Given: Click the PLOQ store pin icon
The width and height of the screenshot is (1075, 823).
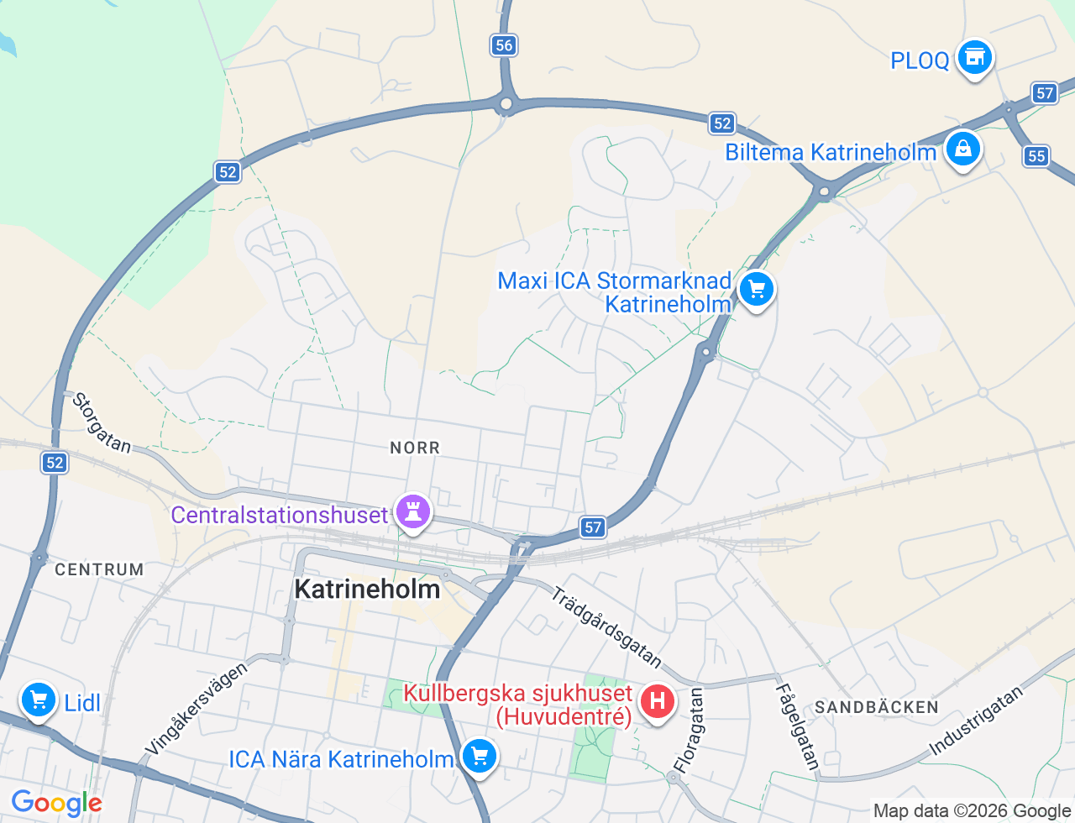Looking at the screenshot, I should pos(974,58).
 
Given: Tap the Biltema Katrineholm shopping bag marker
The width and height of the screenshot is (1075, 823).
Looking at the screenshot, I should pos(962,149).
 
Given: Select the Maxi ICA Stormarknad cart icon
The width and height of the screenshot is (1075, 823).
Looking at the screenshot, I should pos(756,290).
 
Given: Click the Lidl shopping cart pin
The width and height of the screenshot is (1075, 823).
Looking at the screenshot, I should pos(38,700).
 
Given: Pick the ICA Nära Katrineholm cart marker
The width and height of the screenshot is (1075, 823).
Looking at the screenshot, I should pos(479,757).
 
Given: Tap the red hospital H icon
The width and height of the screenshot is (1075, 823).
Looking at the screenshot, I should pos(657,701).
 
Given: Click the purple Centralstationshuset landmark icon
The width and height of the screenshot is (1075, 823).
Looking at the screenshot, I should pos(412,511).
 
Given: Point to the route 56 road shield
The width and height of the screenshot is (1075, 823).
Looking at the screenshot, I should pos(504,45).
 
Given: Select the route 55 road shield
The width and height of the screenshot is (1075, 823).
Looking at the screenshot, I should pos(1036,155).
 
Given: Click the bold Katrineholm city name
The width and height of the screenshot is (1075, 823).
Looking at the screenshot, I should pos(367,589).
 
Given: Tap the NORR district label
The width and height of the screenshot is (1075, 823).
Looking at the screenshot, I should pos(415,448).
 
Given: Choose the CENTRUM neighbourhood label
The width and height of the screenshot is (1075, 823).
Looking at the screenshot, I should pos(99,569).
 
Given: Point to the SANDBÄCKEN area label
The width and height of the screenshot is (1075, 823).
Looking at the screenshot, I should pos(876,707).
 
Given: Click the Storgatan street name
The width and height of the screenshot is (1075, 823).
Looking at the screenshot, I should pos(102,422).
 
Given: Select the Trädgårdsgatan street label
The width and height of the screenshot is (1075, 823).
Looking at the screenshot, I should pos(606,626).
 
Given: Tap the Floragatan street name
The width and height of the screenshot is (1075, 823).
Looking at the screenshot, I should pos(689,730).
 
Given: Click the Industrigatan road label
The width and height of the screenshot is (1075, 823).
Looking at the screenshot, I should pos(976,721).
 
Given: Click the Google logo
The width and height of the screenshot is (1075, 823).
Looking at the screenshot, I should pos(56,804).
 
